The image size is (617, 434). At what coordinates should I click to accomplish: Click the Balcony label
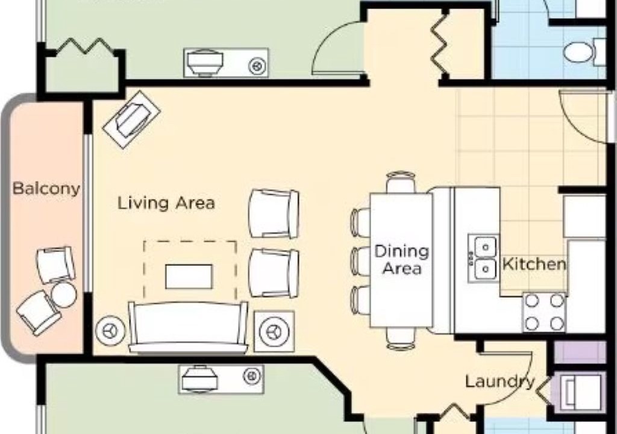46,189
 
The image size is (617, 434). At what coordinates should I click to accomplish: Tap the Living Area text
166,203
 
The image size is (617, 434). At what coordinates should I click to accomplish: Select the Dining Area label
401,260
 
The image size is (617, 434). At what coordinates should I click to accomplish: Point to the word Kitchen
534,264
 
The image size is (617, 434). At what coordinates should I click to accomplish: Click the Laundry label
500,382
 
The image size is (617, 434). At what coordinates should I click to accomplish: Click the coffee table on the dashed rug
189,277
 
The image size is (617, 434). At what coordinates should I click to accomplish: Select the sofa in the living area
189,327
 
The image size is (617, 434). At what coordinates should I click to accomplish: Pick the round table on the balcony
64,295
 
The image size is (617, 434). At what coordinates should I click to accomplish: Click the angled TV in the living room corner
131,119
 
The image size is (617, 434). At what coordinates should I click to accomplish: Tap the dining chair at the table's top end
401,182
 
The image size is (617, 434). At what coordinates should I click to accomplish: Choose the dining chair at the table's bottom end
401,338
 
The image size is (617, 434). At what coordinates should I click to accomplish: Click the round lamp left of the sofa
111,330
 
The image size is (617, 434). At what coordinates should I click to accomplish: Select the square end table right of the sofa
274,331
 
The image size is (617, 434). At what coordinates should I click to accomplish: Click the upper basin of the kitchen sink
485,247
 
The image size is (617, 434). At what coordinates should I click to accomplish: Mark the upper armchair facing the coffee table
274,214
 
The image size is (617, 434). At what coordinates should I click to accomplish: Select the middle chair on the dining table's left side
360,260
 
